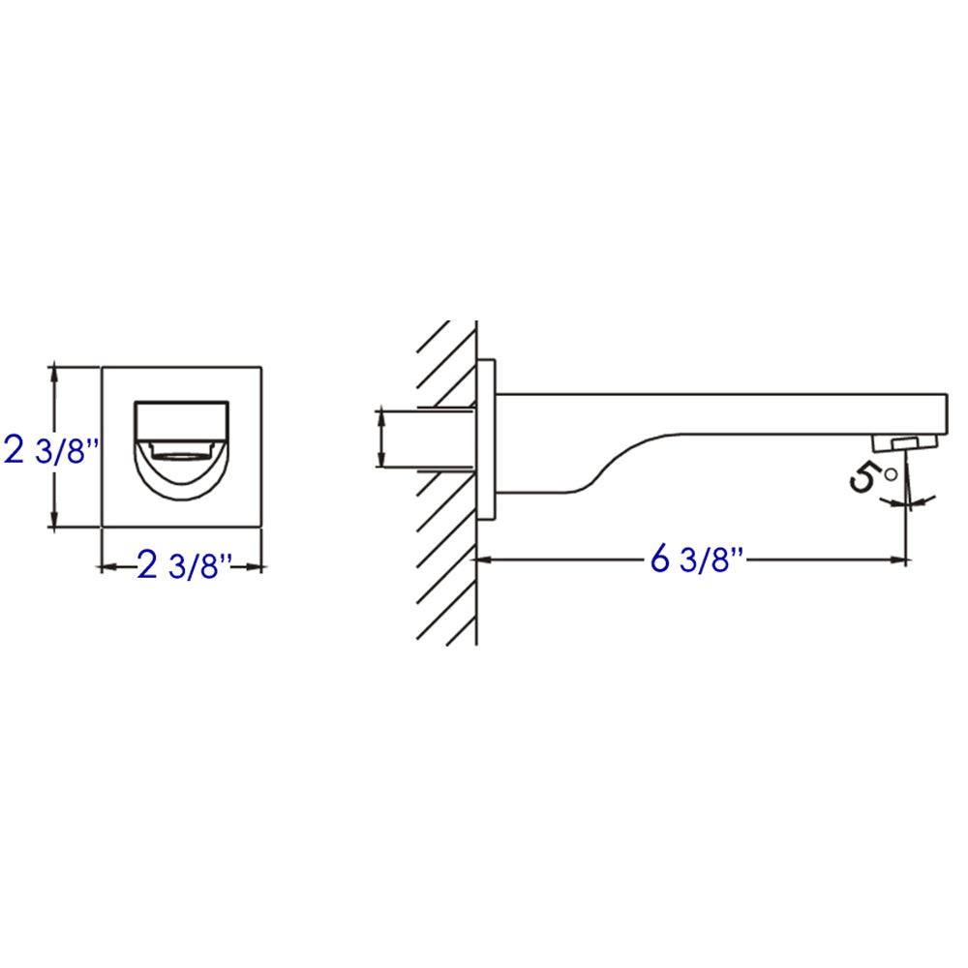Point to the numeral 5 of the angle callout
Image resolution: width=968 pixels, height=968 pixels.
(864, 478)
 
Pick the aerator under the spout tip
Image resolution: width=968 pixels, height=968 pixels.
(905, 442)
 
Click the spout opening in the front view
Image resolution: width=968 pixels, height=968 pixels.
(181, 453)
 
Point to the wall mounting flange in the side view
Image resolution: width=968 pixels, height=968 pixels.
(486, 440)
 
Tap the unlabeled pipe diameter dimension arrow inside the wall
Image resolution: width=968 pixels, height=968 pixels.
(383, 439)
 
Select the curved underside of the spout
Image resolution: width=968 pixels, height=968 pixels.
(620, 455)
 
